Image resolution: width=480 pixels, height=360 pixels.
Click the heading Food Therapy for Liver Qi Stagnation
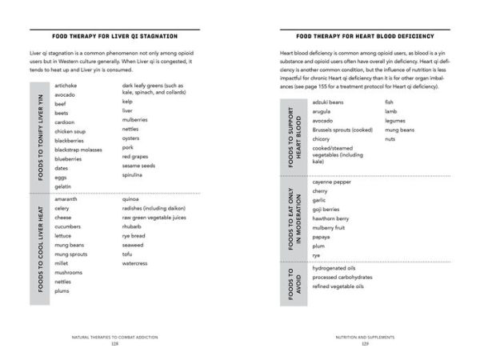click(114, 37)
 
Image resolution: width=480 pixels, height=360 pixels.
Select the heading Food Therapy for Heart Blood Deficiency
click(364, 37)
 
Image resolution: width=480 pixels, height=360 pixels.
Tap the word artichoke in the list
click(65, 85)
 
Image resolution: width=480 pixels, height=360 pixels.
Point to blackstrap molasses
click(78, 150)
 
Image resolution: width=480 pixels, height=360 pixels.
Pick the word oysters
click(132, 138)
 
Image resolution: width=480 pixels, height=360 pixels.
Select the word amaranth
click(66, 198)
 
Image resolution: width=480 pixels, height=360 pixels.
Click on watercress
click(135, 262)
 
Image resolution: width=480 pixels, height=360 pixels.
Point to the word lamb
click(390, 111)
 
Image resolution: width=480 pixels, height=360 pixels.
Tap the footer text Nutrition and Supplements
click(364, 337)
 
